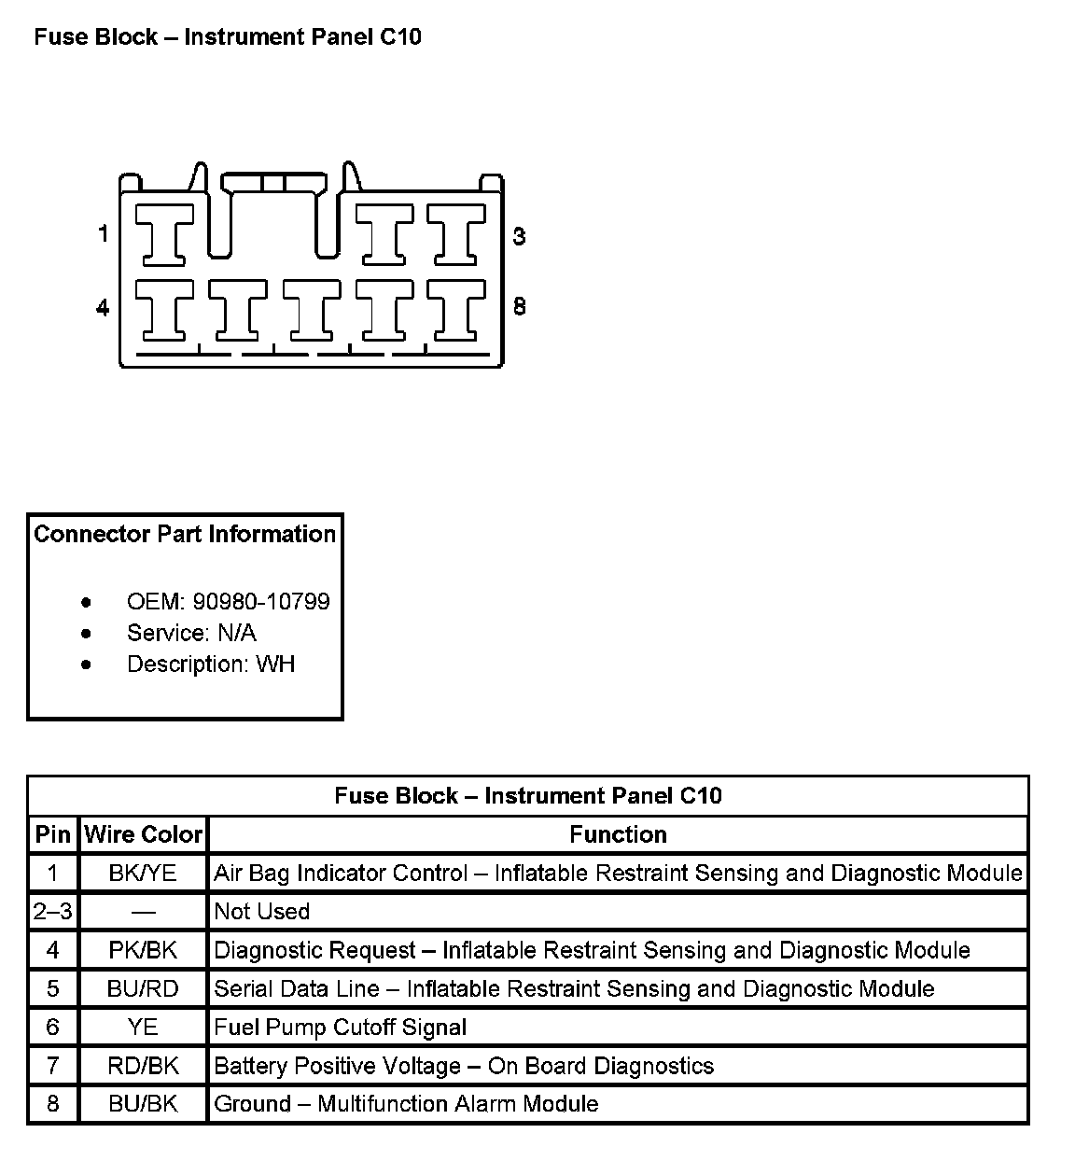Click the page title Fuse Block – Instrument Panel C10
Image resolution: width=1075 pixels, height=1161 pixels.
coord(228,37)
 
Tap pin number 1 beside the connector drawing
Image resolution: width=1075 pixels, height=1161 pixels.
coord(104,233)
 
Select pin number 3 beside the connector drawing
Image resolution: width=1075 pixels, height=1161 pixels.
coord(519,236)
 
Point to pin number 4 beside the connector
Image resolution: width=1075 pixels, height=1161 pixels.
coord(103,307)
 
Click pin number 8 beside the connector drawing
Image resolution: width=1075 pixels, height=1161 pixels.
coord(519,306)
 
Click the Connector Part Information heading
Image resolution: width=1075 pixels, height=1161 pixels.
coord(185,534)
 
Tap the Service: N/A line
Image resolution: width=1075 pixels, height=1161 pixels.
coord(191,633)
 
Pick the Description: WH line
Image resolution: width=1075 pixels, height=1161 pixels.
coord(210,664)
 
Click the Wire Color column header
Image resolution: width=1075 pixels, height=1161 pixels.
coord(143,834)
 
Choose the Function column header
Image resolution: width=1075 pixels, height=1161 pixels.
coord(618,834)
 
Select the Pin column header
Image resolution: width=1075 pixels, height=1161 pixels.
coord(53,834)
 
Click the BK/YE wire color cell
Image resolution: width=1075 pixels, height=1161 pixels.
coord(143,874)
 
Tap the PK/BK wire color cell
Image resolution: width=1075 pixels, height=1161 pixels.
coord(143,950)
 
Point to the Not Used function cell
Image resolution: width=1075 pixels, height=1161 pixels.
coord(262,912)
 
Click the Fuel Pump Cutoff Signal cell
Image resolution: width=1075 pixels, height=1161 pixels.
coord(341,1028)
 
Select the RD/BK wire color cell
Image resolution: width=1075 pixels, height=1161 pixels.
coord(143,1066)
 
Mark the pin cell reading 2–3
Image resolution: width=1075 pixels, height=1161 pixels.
coord(53,912)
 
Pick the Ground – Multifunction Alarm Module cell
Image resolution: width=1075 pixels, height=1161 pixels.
coord(406,1104)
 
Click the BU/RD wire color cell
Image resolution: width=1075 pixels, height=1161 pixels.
coord(143,989)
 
